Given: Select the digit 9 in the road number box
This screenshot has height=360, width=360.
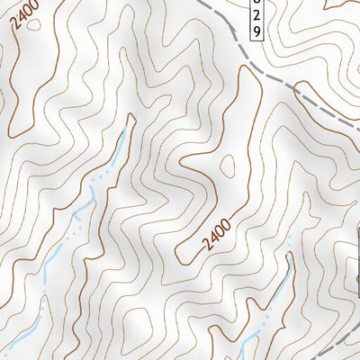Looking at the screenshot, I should [x=256, y=31].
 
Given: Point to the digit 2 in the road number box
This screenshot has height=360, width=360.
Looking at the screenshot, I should [x=256, y=17].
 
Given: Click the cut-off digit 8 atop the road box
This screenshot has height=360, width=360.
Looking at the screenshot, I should [x=256, y=4].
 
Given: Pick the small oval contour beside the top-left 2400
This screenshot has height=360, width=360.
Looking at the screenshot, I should [x=34, y=24].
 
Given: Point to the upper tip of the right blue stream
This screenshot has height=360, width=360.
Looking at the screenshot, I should [x=291, y=256].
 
